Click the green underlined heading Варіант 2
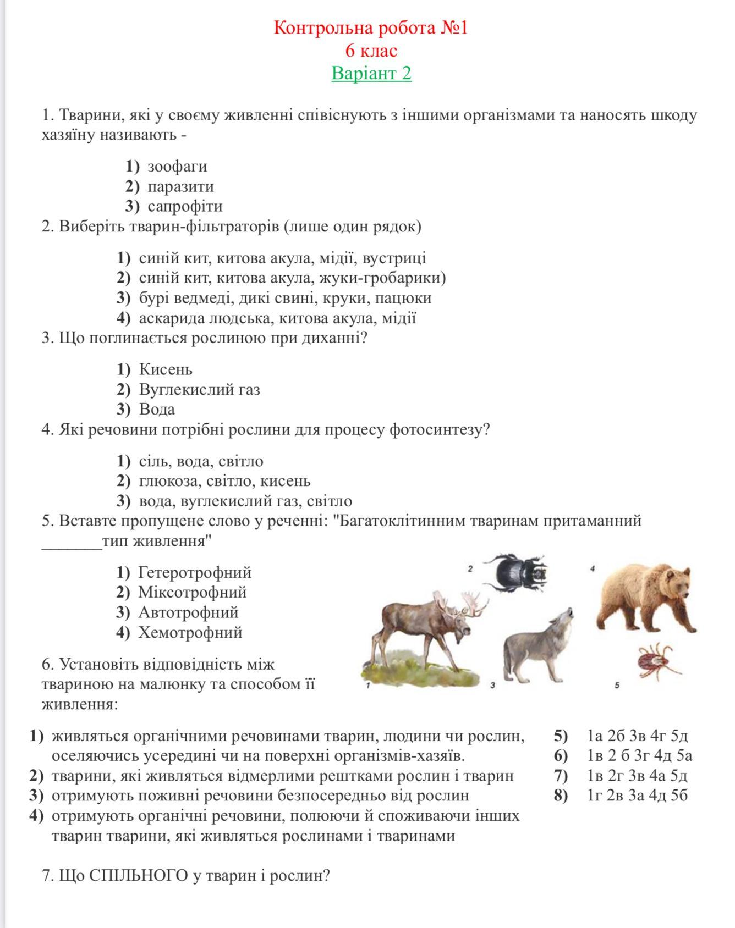pos(371,73)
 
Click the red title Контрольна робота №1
pos(371,27)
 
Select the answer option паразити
pos(180,186)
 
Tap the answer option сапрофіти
pos(185,206)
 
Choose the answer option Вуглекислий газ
pos(199,389)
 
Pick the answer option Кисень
pos(166,369)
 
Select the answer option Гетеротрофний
pos(195,572)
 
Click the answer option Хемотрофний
pos(190,632)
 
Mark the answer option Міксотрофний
pos(193,592)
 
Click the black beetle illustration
pos(518,572)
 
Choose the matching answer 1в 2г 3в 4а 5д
pos(637,776)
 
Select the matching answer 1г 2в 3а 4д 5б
pos(637,796)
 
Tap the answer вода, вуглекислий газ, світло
pos(245,501)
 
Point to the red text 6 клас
pos(371,51)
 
